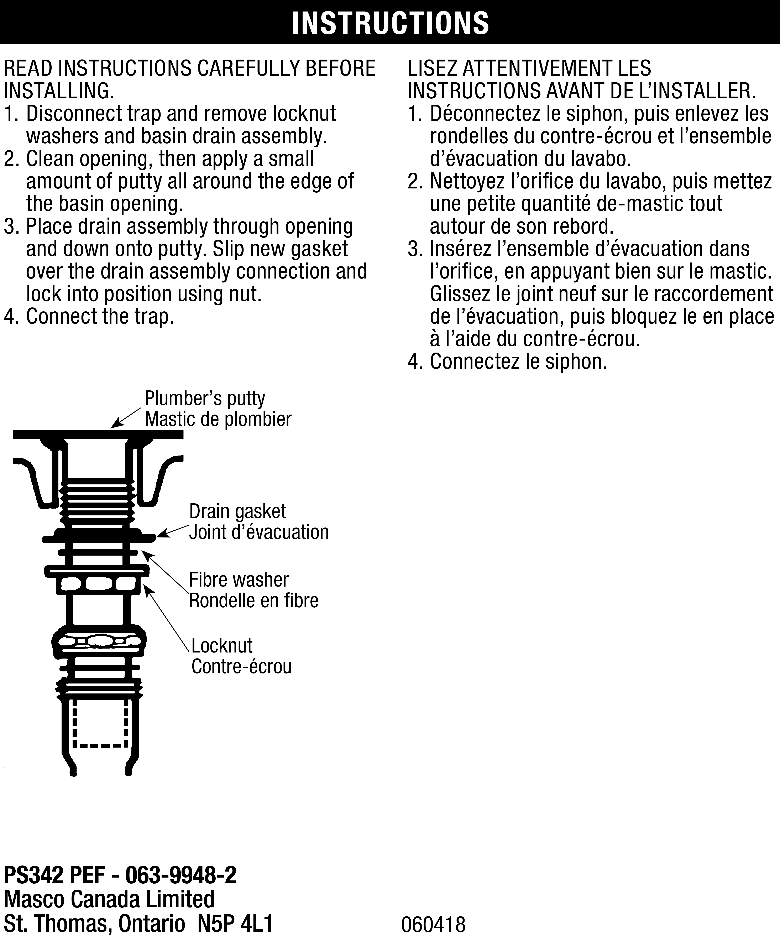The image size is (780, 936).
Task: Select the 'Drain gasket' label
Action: pos(237,511)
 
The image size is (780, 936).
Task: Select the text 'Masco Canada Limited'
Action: pos(109,899)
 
